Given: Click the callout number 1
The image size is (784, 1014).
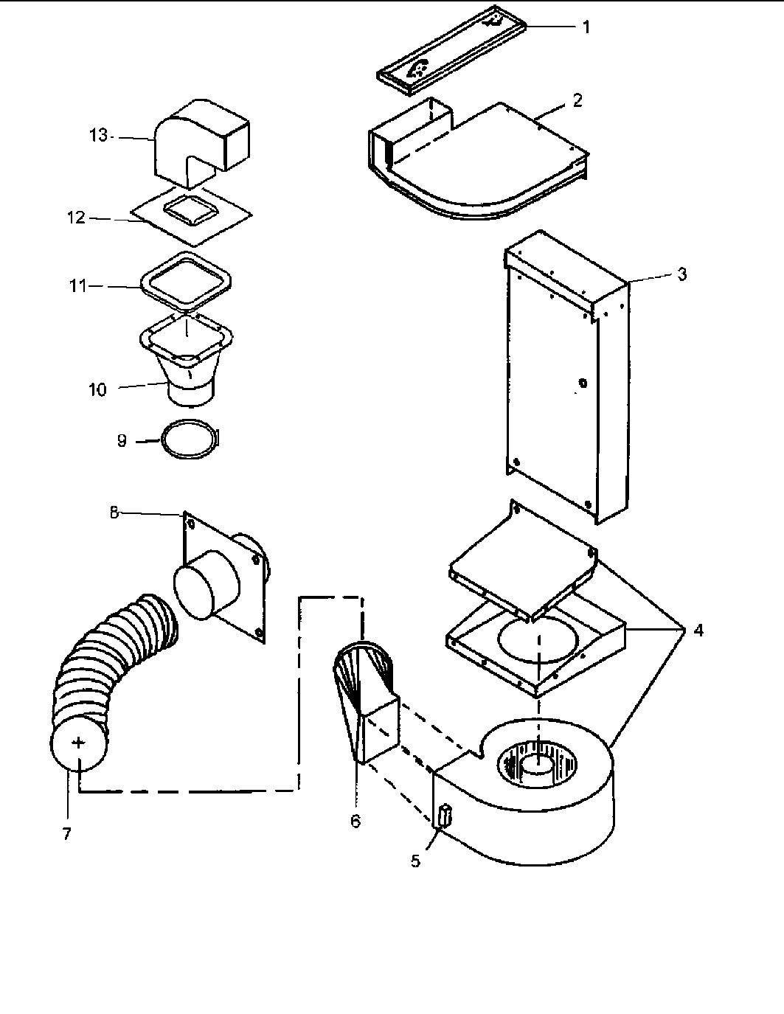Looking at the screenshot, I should coord(586,28).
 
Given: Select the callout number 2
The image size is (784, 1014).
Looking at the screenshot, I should coord(577,101).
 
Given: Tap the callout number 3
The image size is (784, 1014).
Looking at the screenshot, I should coord(681,274).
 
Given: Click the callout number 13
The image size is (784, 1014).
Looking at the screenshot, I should coord(98,136).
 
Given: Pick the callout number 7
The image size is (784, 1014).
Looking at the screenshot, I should coord(67,833).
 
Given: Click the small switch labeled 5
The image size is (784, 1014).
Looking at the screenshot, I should coord(444,817).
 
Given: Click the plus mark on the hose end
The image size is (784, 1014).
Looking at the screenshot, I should coord(80,743).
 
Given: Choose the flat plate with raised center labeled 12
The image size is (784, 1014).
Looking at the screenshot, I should coord(192,218).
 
